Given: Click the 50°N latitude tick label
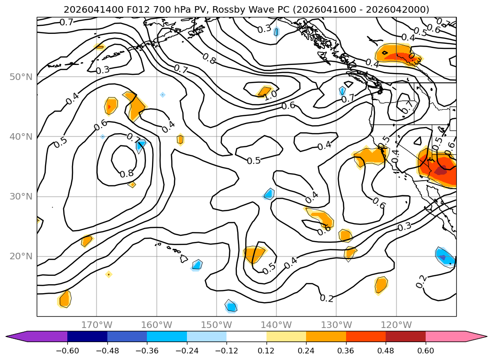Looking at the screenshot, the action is (x=21, y=77).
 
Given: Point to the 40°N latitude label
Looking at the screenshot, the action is (x=21, y=136).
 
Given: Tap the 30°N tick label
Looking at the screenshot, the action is (x=21, y=196).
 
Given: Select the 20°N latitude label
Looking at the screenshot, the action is (x=21, y=256).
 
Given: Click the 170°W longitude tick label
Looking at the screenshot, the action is (x=97, y=325).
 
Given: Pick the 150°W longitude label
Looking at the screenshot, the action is (x=216, y=325).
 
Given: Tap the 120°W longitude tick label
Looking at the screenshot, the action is (x=396, y=325).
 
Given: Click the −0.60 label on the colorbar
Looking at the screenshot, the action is (x=67, y=351).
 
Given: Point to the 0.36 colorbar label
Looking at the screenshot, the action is (x=346, y=351).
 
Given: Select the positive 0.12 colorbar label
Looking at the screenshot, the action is (x=267, y=351).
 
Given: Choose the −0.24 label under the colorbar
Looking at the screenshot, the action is (x=187, y=351).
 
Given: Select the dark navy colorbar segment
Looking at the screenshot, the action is (x=87, y=336).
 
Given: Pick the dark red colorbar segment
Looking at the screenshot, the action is (x=405, y=336).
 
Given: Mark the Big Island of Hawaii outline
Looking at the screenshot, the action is (x=184, y=258).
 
